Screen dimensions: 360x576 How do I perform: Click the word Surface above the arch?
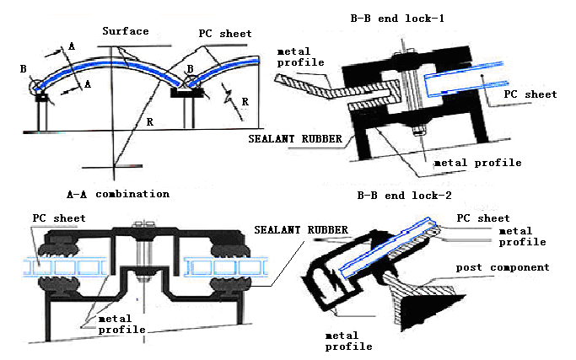tap(125, 31)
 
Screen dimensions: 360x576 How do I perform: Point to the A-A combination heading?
tap(118, 193)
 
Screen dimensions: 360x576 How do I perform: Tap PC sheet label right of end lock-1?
tap(530, 94)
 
